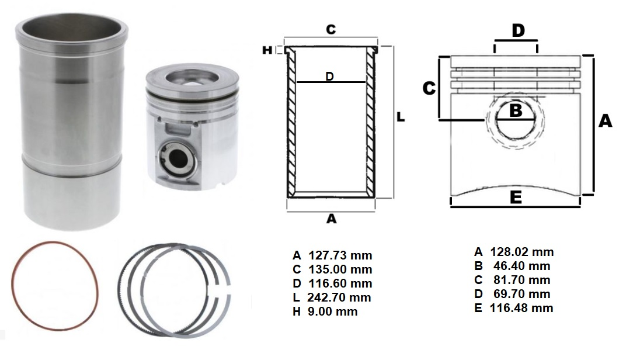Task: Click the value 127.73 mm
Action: point(340,255)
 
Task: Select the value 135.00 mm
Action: point(340,269)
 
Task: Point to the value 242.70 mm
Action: point(339,297)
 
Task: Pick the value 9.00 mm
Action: point(333,311)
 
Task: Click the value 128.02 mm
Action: point(522,252)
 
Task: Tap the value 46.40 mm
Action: point(522,266)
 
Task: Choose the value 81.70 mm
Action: point(522,280)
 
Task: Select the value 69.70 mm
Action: point(522,294)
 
